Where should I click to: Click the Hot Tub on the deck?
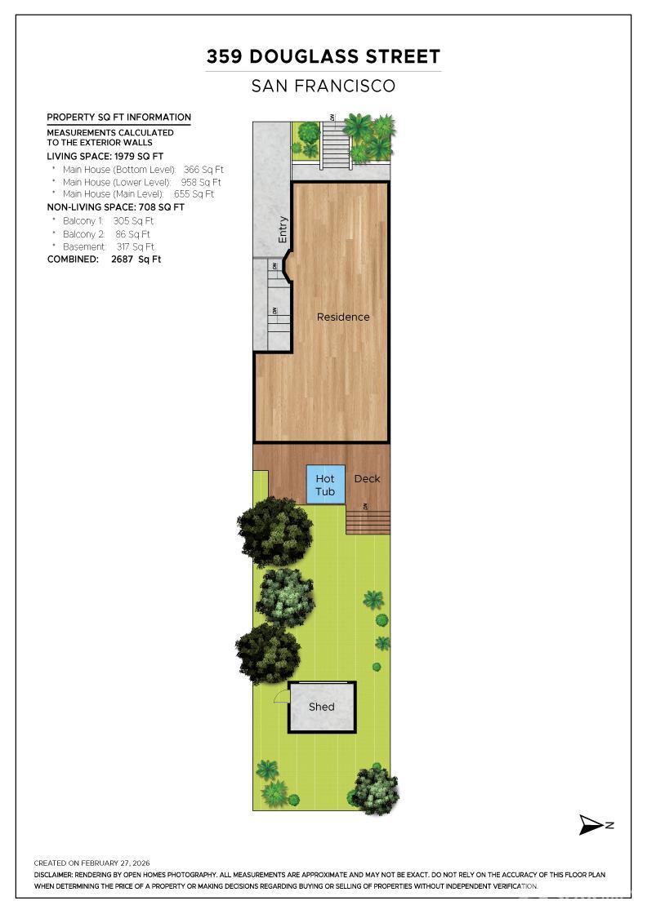tap(325, 484)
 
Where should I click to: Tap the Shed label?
tap(322, 707)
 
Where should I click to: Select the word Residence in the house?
tap(343, 317)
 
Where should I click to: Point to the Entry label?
tap(283, 229)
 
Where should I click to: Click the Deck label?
tap(367, 478)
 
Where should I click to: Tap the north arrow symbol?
tap(595, 825)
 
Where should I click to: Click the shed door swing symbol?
tap(282, 694)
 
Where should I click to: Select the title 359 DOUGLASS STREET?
tap(323, 56)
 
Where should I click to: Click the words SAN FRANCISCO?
tap(323, 87)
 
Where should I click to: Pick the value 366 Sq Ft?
tap(203, 170)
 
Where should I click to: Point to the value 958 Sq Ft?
tap(201, 182)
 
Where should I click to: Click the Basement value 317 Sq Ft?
tap(136, 246)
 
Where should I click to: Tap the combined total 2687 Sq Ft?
tap(136, 260)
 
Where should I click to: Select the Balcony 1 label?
tap(83, 221)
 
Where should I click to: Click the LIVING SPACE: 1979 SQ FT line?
tap(105, 156)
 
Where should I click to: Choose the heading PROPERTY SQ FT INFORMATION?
tap(119, 118)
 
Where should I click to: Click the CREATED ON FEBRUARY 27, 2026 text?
tap(91, 863)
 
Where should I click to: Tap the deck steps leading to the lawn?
tap(368, 522)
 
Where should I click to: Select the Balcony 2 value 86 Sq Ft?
tap(132, 233)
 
